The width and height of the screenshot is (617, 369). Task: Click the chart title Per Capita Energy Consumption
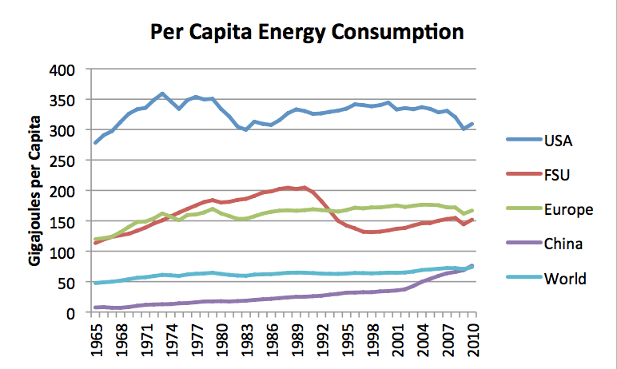click(x=308, y=33)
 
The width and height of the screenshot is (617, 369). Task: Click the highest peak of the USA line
click(x=163, y=93)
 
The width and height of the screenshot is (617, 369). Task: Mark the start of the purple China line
click(x=96, y=307)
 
